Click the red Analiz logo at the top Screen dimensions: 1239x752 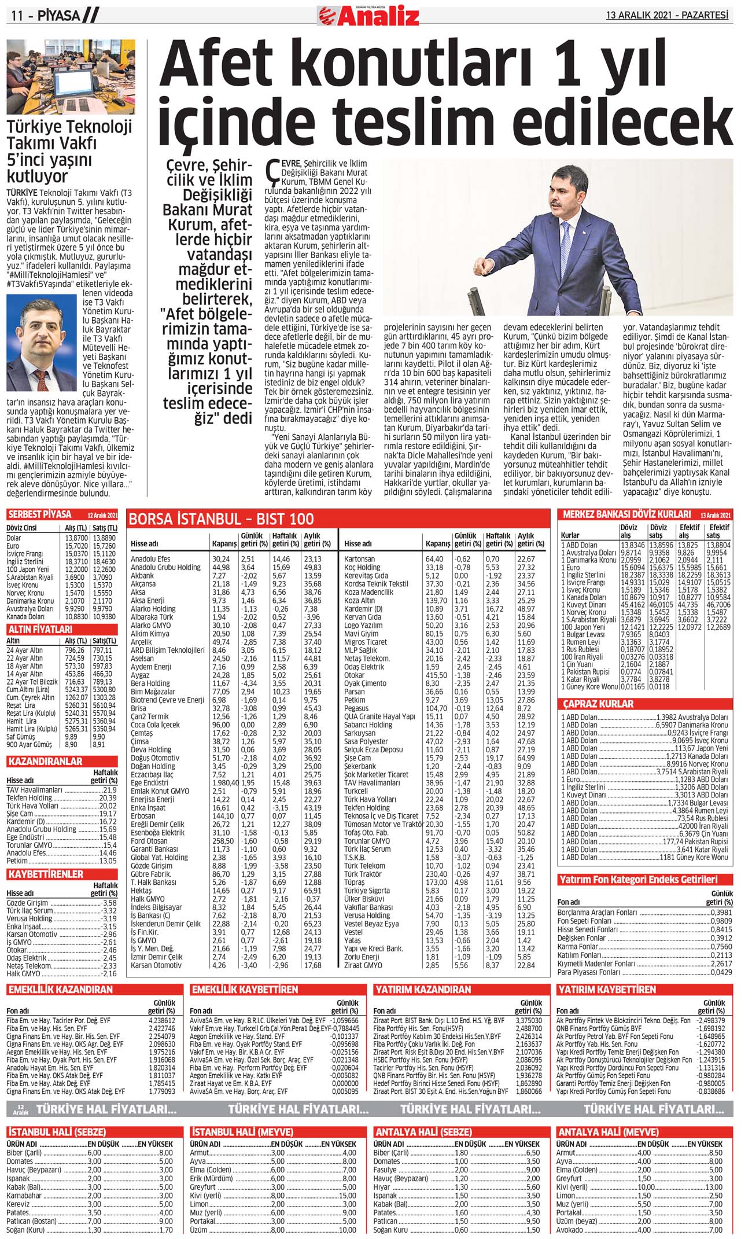(368, 16)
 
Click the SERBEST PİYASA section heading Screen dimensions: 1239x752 (40, 514)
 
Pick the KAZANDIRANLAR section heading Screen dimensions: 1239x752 (46, 762)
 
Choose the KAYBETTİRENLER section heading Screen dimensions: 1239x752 (46, 874)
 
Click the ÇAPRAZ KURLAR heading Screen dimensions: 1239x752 (598, 704)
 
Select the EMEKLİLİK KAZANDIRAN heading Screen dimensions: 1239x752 (60, 990)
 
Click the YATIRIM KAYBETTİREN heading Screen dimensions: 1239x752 (606, 990)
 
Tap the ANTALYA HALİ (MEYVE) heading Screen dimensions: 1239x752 (607, 1132)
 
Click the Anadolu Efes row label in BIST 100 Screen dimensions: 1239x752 (150, 559)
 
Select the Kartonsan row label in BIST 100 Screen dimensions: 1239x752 (359, 559)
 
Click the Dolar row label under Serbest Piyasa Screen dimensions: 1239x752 (14, 538)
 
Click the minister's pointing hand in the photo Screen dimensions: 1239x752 (482, 267)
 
